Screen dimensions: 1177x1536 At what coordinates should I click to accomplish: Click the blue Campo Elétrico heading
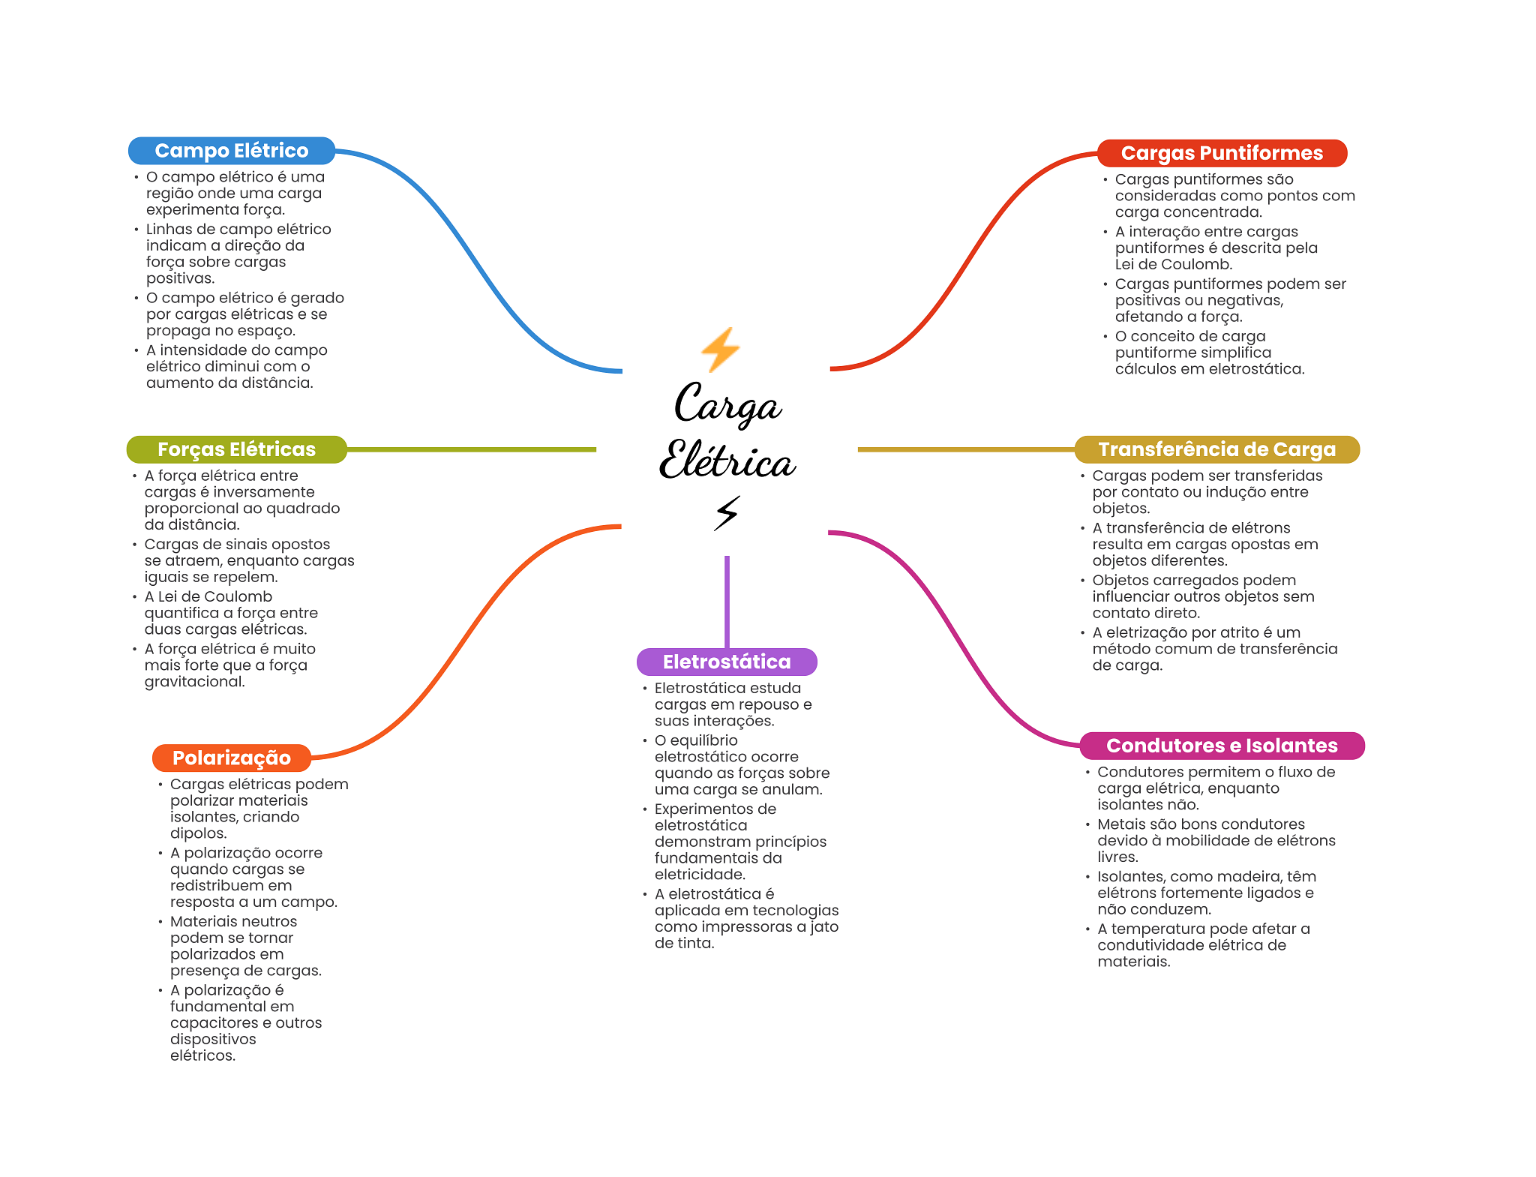point(231,151)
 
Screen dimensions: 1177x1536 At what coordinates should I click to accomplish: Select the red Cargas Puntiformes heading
point(1221,153)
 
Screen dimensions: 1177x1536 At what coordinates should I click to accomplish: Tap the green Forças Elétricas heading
point(236,449)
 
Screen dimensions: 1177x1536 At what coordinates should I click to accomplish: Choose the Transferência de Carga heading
point(1216,449)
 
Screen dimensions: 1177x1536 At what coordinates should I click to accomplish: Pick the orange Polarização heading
point(231,758)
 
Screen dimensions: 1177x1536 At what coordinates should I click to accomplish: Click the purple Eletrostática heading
point(726,662)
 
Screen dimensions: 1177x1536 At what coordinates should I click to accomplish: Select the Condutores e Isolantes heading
point(1221,746)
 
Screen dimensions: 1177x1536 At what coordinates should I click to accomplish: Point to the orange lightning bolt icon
point(720,350)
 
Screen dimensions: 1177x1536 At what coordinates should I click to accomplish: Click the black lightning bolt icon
point(726,513)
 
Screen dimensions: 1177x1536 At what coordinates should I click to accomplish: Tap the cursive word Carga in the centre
point(727,405)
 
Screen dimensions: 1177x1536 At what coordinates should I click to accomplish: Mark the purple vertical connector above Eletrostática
point(727,600)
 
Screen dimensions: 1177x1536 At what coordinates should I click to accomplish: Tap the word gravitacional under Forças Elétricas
point(194,682)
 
